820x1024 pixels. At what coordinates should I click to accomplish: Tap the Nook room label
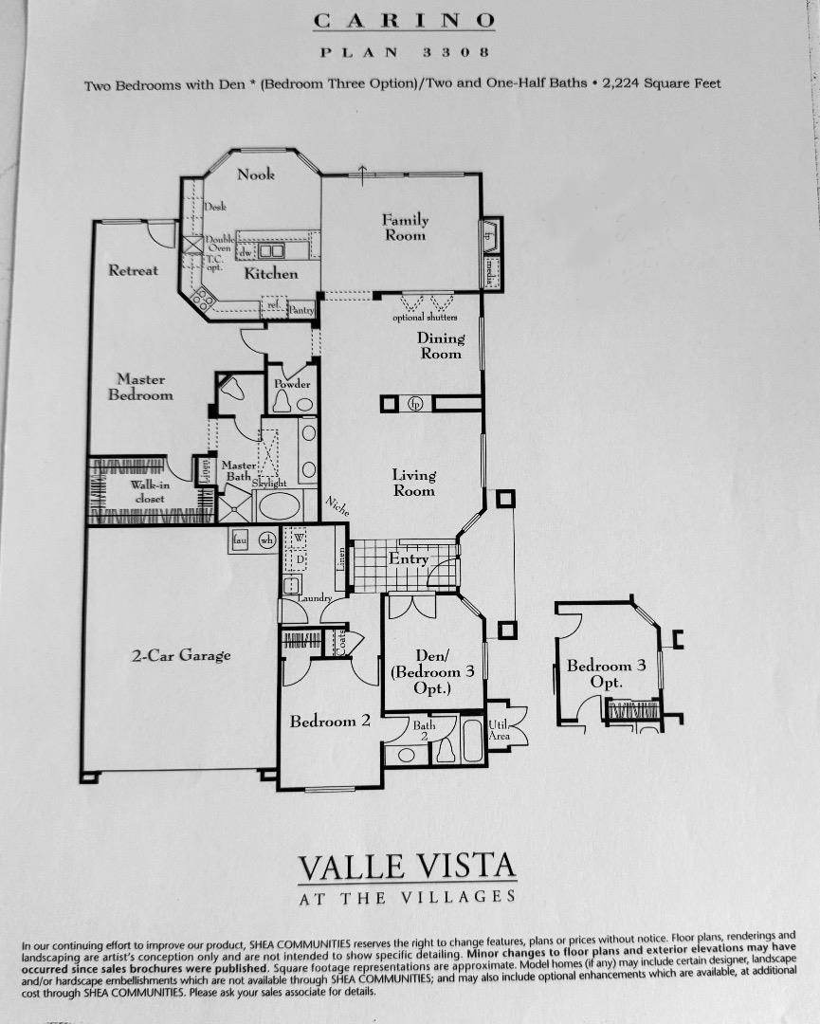click(x=256, y=174)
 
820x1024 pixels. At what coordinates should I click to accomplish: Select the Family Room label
click(x=405, y=228)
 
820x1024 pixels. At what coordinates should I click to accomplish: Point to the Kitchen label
click(x=271, y=273)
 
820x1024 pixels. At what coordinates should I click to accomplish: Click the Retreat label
click(x=134, y=270)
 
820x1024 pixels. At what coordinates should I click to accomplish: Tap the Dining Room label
click(x=441, y=345)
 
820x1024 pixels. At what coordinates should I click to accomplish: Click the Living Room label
click(x=414, y=483)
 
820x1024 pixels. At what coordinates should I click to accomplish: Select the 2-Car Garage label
click(x=181, y=655)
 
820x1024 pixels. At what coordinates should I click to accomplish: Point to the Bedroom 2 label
click(x=330, y=722)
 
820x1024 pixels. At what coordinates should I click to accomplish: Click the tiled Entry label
click(x=409, y=559)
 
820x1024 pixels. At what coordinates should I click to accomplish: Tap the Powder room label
click(x=292, y=384)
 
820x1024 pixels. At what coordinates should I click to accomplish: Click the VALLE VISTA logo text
click(x=408, y=867)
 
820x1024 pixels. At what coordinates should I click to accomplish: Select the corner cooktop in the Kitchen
click(x=202, y=300)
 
